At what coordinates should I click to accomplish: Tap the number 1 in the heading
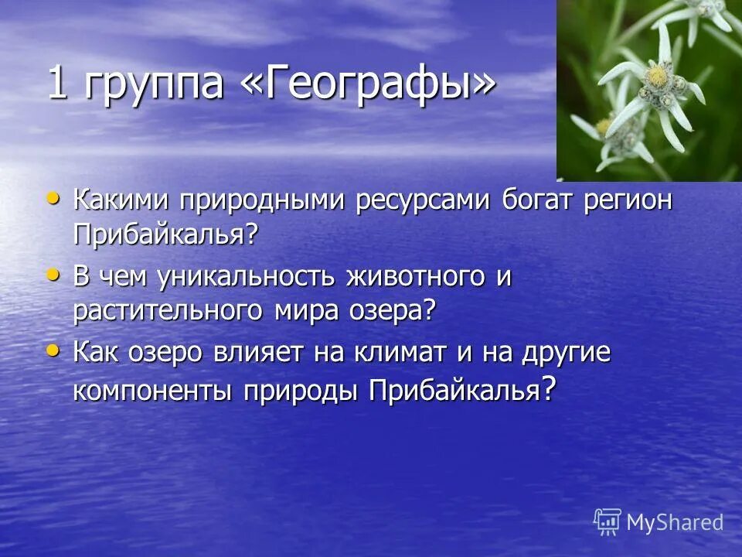pos(56,83)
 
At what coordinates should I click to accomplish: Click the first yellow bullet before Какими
pos(53,199)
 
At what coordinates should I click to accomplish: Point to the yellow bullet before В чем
pos(53,274)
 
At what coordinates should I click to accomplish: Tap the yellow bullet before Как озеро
pos(53,350)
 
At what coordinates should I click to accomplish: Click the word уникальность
pos(253,277)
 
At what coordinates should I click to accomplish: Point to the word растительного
pos(168,311)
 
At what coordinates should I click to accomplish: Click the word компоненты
pos(153,391)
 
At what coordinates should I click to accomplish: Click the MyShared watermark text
pos(675,522)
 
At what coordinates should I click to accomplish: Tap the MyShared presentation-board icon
pos(608,522)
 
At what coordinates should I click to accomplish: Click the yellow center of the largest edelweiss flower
pos(656,77)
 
